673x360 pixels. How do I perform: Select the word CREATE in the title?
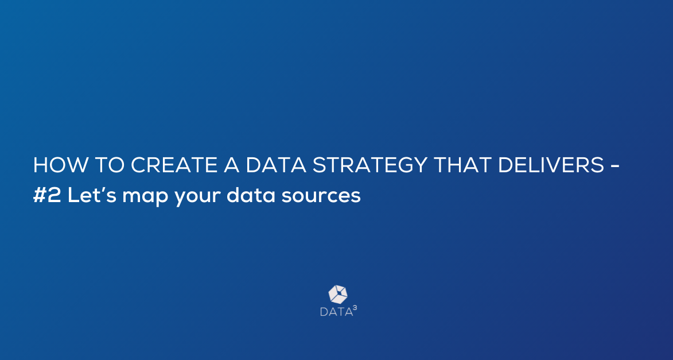(x=174, y=165)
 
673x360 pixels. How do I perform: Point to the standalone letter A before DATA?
(x=232, y=165)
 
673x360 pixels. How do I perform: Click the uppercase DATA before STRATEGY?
(x=276, y=165)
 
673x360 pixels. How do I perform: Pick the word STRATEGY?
(x=370, y=165)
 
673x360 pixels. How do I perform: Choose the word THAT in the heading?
(x=462, y=165)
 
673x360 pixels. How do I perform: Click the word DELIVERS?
(x=551, y=165)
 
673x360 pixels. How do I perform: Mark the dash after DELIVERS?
(x=614, y=166)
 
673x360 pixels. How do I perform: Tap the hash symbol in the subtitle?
(x=40, y=195)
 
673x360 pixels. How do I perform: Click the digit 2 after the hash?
(x=55, y=195)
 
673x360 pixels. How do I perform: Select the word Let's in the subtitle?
(x=92, y=195)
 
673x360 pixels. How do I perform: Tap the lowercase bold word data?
(x=251, y=195)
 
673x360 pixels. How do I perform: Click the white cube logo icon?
(x=338, y=295)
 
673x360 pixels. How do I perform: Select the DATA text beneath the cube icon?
(x=336, y=312)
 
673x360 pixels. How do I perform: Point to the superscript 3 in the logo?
(x=355, y=308)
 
